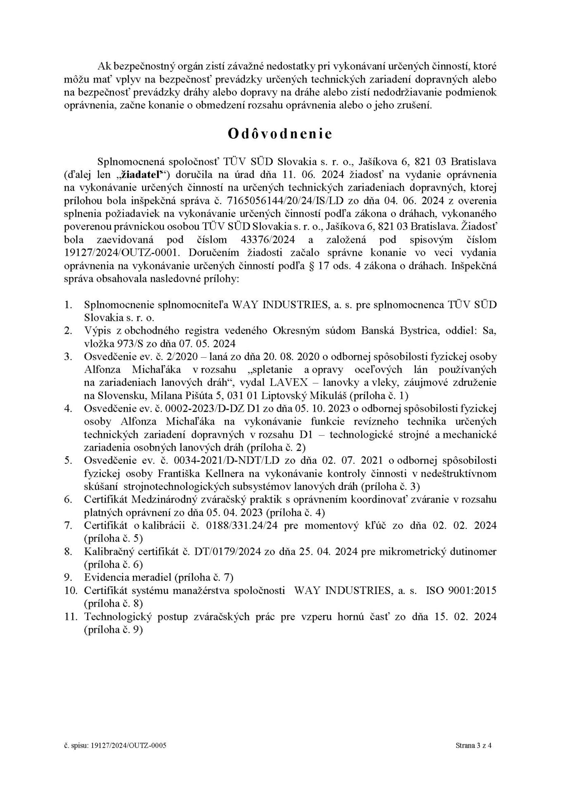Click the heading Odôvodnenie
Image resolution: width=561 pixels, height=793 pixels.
click(280, 135)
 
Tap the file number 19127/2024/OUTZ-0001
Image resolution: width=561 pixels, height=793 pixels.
click(121, 253)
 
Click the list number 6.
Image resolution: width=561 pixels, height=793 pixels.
click(69, 499)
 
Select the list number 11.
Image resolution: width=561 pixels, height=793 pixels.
click(71, 617)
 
